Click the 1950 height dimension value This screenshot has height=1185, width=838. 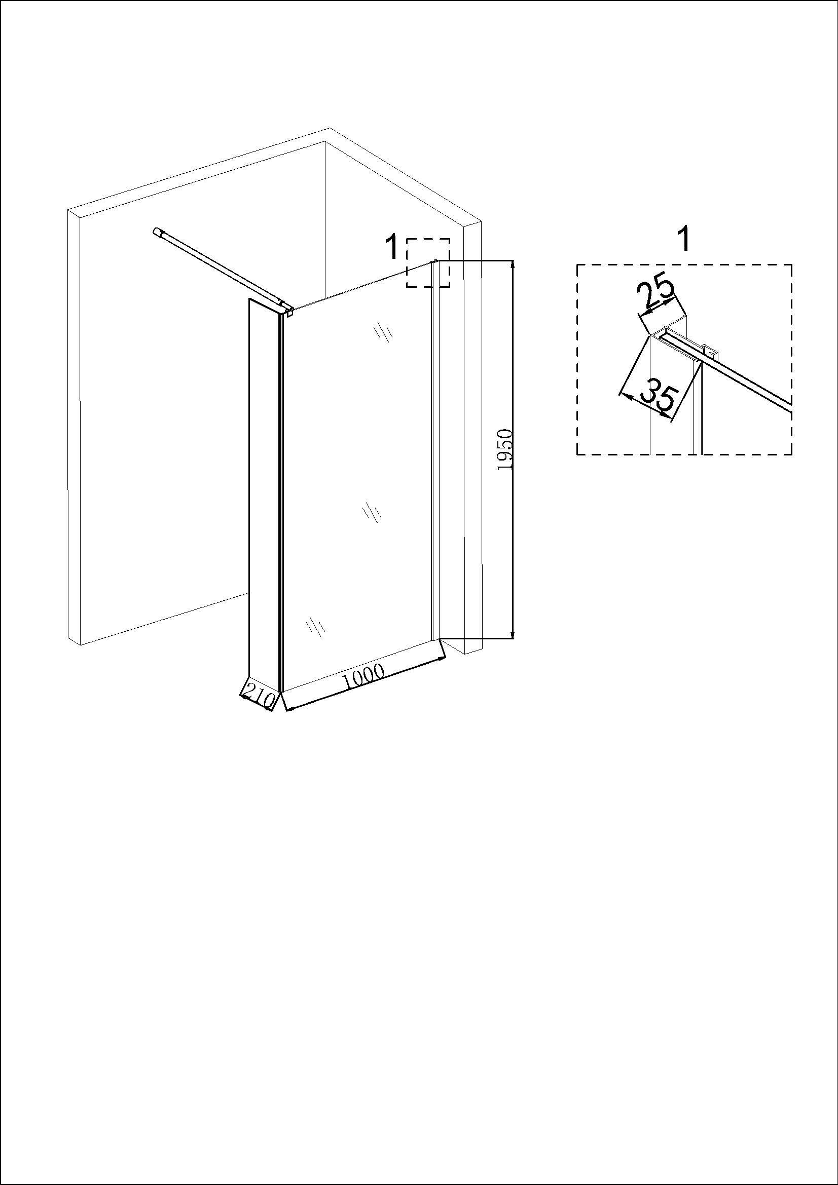tap(504, 448)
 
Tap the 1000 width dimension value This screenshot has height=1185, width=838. tap(363, 677)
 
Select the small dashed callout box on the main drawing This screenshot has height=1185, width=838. tap(428, 263)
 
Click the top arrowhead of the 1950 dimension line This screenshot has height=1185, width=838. tap(513, 265)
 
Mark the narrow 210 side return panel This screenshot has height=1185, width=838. tap(264, 495)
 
